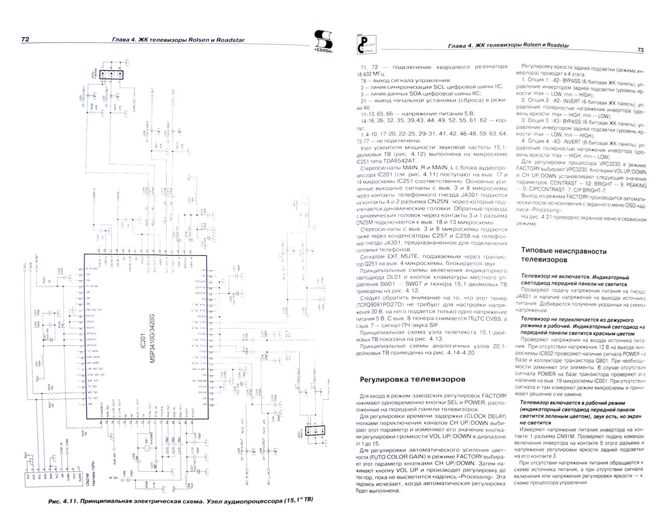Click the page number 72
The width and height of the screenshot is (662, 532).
coord(25,39)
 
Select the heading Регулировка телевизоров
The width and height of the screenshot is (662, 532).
coord(412,379)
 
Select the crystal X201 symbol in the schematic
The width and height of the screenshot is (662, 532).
coord(147,448)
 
